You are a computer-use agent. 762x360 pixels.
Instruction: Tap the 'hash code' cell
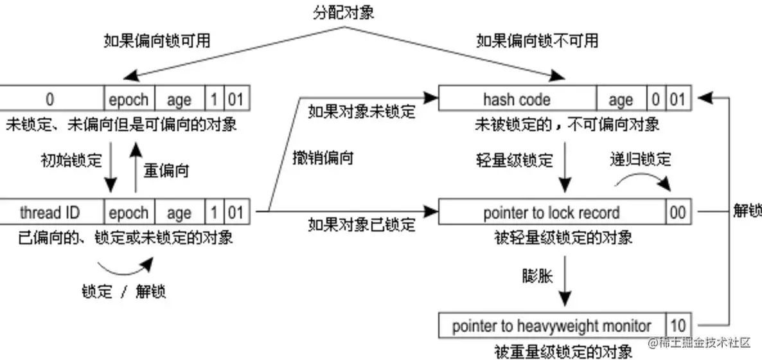pyautogui.click(x=517, y=100)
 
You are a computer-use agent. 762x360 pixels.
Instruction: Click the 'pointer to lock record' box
pyautogui.click(x=551, y=213)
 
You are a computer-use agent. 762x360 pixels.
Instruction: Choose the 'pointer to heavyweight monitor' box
pyautogui.click(x=551, y=326)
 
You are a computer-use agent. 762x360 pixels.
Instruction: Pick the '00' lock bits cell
pyautogui.click(x=678, y=213)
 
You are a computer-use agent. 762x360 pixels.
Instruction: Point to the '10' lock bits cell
pyautogui.click(x=678, y=326)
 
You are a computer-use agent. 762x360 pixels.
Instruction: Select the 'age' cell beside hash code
pyautogui.click(x=621, y=100)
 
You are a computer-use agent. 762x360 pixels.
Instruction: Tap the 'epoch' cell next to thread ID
pyautogui.click(x=128, y=213)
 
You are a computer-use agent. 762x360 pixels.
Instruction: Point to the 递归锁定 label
pyautogui.click(x=640, y=158)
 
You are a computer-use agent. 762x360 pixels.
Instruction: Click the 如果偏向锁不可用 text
pyautogui.click(x=537, y=41)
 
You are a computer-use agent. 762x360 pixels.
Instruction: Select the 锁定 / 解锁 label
pyautogui.click(x=124, y=291)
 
